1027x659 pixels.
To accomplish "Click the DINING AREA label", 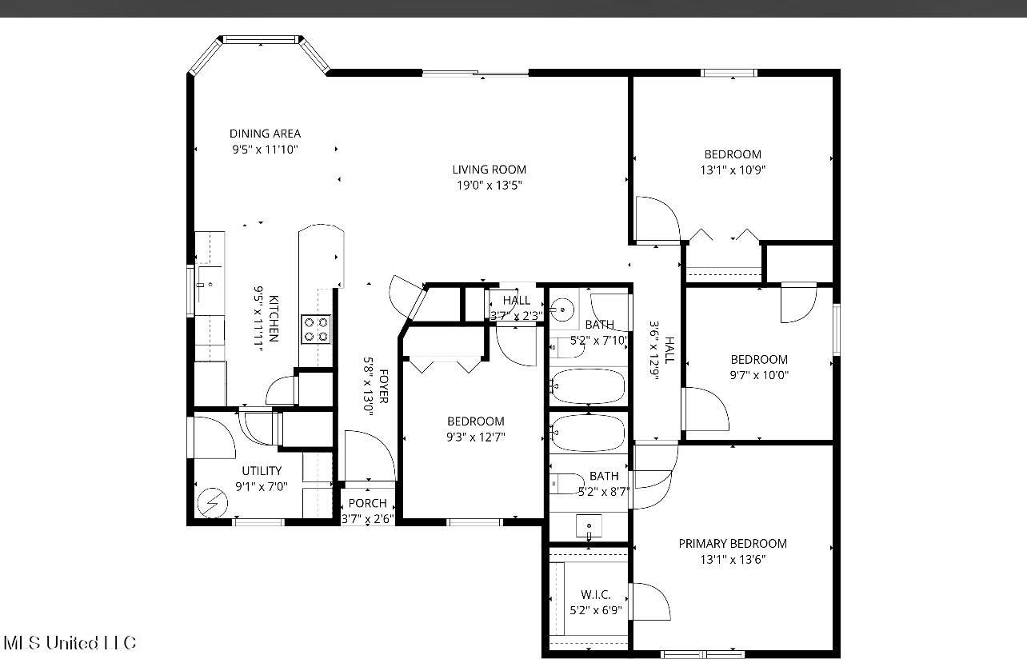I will (265, 134).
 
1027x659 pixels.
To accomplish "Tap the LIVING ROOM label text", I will (489, 170).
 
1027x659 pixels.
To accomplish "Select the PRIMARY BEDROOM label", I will (732, 544).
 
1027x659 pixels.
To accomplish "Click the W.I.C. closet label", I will (595, 595).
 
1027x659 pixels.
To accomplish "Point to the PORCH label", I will (368, 504).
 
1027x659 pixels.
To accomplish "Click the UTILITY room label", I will (262, 471).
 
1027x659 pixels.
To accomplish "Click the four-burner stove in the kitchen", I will (315, 329).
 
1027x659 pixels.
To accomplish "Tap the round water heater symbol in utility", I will (213, 502).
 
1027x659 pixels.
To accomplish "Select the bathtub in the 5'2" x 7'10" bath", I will (588, 386).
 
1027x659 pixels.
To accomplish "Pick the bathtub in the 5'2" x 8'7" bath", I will (588, 433).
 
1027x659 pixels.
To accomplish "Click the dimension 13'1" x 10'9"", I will (732, 170).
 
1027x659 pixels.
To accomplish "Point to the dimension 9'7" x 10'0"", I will (758, 374).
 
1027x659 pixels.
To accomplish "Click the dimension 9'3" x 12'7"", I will (475, 437).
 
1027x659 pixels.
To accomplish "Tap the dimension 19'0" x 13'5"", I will (489, 186).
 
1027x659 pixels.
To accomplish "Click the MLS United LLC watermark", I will (70, 643).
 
